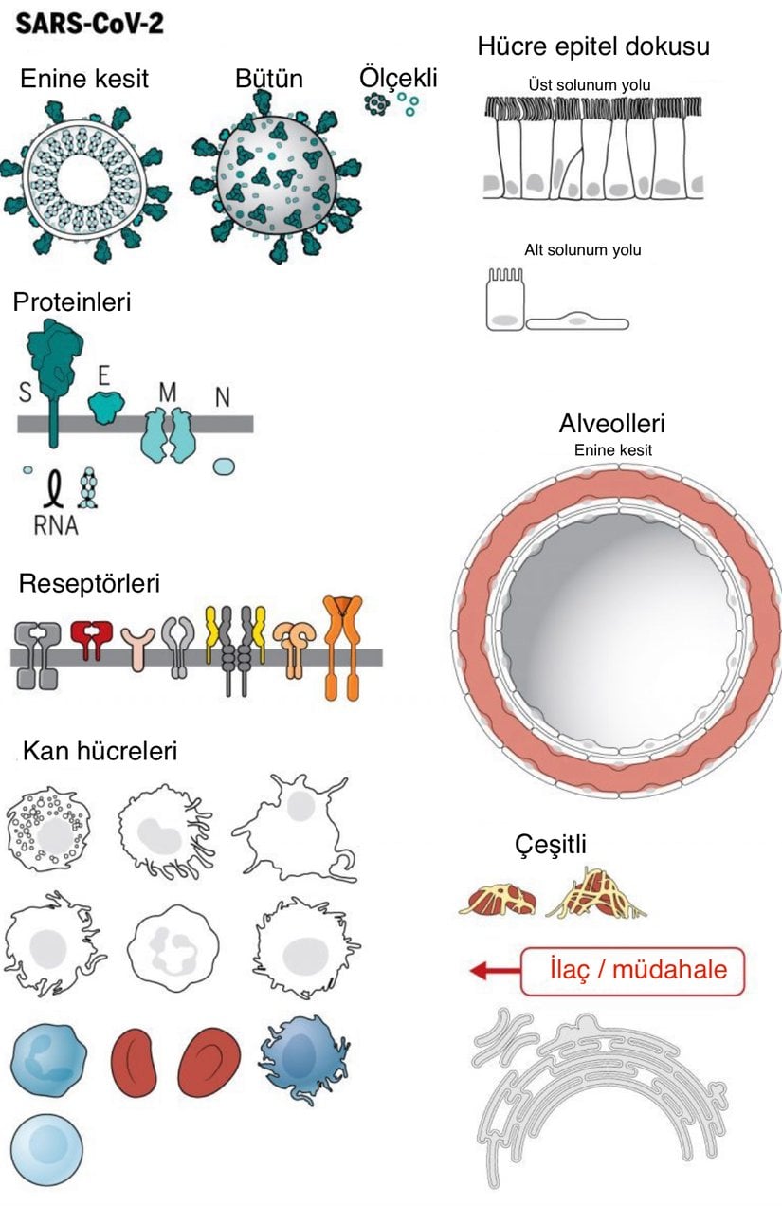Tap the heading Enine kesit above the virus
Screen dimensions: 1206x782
(x=84, y=78)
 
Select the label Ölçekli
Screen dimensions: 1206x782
(x=398, y=76)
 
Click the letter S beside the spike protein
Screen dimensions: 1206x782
(x=25, y=390)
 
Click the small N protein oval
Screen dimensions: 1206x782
(x=225, y=466)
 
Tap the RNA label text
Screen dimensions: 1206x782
(x=56, y=524)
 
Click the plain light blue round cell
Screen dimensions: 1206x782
(x=45, y=1149)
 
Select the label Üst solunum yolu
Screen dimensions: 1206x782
(x=590, y=85)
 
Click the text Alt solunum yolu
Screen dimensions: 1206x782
(x=583, y=250)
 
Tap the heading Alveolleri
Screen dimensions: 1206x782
(x=611, y=423)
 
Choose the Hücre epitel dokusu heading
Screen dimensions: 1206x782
(x=593, y=46)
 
